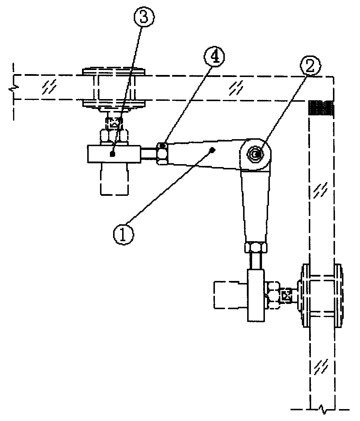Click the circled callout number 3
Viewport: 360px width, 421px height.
[144, 17]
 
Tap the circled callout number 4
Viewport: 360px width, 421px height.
[214, 57]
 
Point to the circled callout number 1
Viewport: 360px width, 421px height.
[124, 235]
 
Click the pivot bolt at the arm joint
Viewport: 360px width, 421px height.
[255, 155]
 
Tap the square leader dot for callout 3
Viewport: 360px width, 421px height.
[112, 154]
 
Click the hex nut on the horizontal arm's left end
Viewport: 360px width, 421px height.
[162, 154]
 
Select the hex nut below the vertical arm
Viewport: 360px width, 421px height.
[256, 247]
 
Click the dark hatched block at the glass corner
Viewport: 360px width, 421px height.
[321, 108]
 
